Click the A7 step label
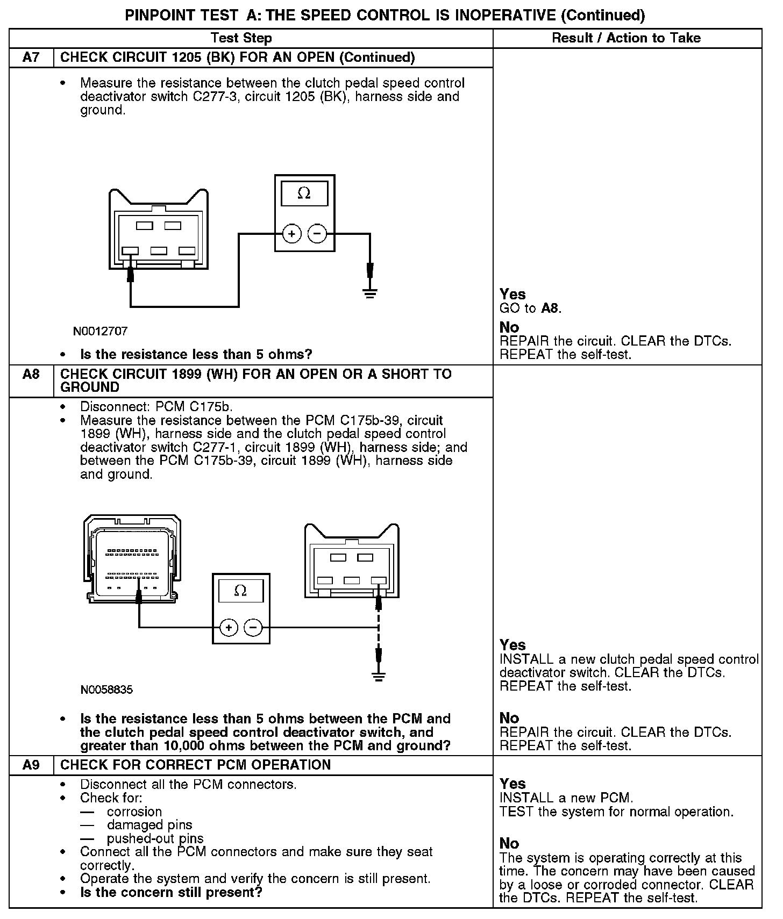click(x=31, y=58)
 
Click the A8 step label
click(x=31, y=374)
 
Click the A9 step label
click(x=31, y=765)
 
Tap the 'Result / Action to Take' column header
click(x=627, y=38)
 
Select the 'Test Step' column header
click(x=241, y=38)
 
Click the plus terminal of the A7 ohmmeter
click(x=292, y=234)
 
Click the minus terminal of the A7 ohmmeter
click(x=317, y=234)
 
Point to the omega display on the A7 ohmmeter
click(x=304, y=193)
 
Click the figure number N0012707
click(x=100, y=331)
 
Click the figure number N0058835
click(x=106, y=690)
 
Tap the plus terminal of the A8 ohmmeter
click(x=229, y=627)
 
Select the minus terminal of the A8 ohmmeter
click(x=253, y=627)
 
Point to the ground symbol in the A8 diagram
click(x=379, y=677)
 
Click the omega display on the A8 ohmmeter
click(x=241, y=591)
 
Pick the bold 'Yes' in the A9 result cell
click(x=512, y=784)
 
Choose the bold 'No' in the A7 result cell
click(x=509, y=327)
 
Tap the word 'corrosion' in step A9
click(x=134, y=812)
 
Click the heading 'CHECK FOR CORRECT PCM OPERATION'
click(x=196, y=765)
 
